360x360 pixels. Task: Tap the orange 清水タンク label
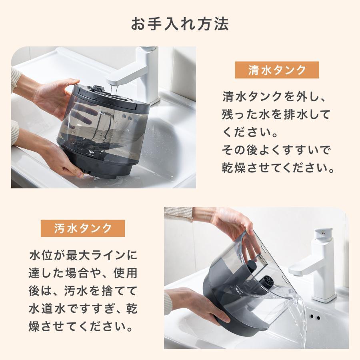277,70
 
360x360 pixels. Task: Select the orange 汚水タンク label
83,228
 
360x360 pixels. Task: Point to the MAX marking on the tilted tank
238,287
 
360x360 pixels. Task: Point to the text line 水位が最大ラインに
83,255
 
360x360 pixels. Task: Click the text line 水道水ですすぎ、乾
83,309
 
